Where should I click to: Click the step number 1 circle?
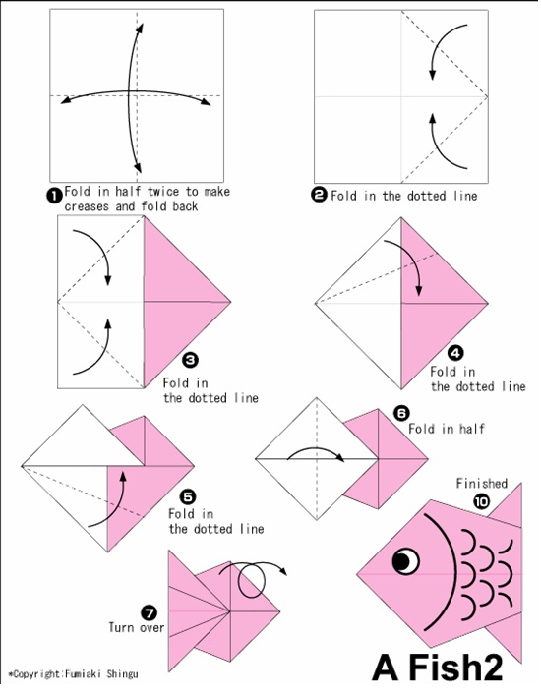coord(55,195)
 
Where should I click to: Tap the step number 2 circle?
coord(319,195)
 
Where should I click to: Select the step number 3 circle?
coord(191,360)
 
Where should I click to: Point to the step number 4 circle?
coord(454,351)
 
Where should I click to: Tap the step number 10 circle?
coord(481,501)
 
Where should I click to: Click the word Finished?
coord(481,484)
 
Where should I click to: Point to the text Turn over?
coord(136,626)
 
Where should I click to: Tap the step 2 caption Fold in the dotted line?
coord(403,196)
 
